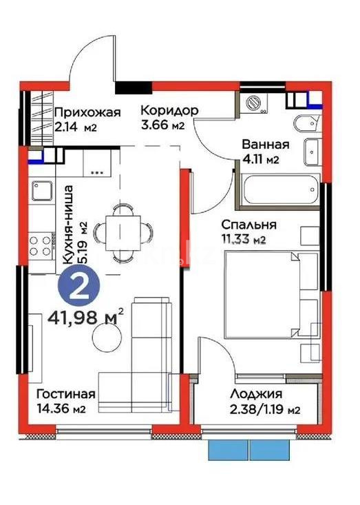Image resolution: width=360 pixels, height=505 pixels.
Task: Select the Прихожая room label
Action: pos(87,112)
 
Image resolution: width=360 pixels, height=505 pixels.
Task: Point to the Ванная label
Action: pos(265,145)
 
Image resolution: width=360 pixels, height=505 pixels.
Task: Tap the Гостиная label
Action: pos(65,395)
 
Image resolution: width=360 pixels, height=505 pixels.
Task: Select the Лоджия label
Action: pos(257,395)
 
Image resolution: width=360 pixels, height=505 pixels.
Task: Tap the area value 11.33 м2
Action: pos(243,239)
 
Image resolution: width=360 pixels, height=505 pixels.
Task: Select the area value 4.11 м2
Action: pos(262,160)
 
